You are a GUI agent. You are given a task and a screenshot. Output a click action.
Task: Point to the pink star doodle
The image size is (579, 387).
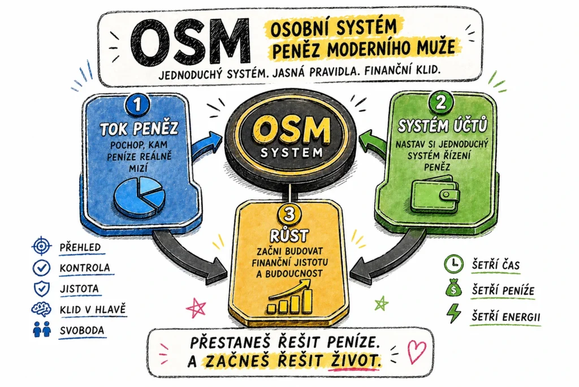point(197,308)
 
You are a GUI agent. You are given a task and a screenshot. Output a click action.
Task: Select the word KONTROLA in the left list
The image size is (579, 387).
point(85,267)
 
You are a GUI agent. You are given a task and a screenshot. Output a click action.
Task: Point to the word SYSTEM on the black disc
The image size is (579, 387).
point(289,152)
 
